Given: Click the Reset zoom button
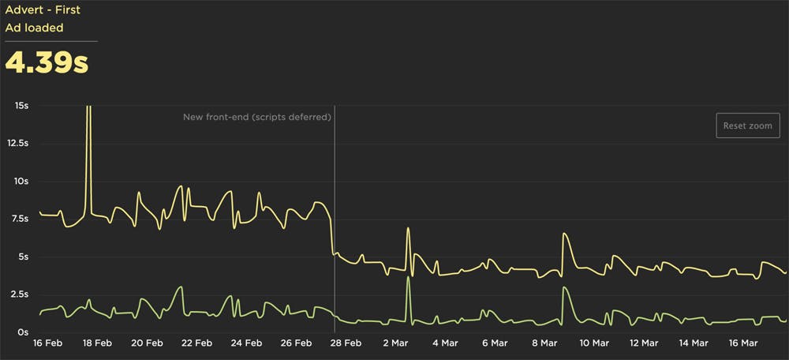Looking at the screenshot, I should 748,126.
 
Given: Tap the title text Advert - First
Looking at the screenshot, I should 43,10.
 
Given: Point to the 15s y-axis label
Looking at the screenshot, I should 19,105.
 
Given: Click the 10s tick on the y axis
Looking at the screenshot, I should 19,181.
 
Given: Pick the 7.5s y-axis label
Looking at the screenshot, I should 16,219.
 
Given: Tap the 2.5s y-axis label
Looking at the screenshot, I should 16,294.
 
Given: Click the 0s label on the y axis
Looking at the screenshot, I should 22,332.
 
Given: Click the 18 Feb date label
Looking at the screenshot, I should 97,343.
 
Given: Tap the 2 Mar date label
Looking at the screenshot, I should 395,343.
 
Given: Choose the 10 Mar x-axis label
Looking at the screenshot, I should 593,343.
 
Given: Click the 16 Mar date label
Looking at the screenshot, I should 742,343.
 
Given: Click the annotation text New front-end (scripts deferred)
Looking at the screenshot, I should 256,117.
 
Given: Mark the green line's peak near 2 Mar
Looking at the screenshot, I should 408,277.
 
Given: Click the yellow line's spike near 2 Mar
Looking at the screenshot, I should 408,228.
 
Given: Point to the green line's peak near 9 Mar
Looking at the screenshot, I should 564,287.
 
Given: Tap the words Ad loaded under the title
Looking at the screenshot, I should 34,28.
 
